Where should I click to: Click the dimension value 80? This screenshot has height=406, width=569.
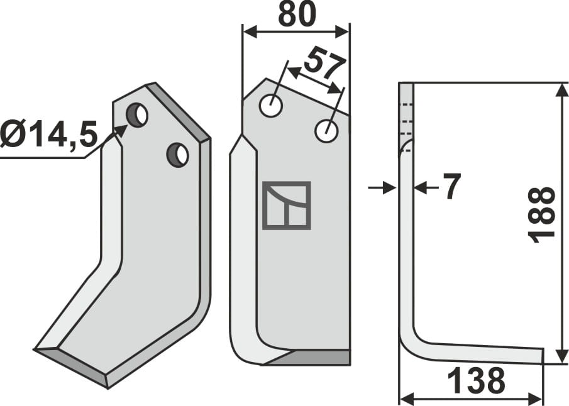(x=296, y=14)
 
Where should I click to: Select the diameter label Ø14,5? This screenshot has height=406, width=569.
(x=48, y=134)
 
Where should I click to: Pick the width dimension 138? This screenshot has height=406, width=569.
(x=477, y=381)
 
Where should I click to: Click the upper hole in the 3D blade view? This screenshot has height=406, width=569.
(x=137, y=115)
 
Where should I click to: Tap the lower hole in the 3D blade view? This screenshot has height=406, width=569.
(x=177, y=155)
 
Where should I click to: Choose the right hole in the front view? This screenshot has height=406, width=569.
(x=327, y=131)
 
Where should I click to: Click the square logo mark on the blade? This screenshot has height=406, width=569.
(x=287, y=206)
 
